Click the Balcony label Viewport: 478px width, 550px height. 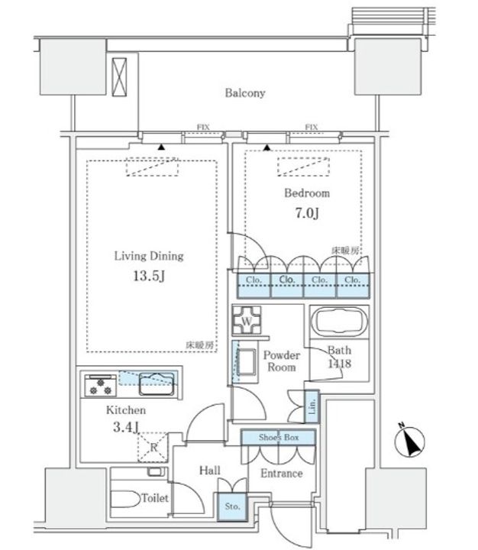[244, 93]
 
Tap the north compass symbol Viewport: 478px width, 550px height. [413, 442]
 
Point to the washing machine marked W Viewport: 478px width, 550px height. [247, 319]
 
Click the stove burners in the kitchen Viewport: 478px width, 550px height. [99, 386]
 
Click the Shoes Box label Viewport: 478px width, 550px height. [278, 438]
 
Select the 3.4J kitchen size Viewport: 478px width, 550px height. [121, 429]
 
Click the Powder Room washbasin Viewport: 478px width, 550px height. [246, 361]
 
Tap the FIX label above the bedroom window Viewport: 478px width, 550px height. [311, 127]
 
